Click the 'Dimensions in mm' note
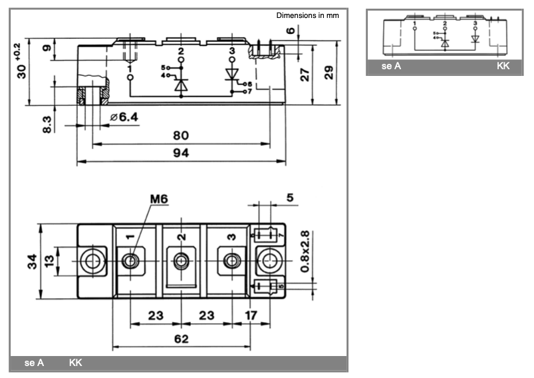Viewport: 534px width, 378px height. [x=307, y=15]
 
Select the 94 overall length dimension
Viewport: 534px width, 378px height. [x=181, y=153]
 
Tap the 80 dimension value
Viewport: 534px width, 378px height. [x=181, y=135]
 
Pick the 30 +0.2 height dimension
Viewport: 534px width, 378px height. [x=21, y=61]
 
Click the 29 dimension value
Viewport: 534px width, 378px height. [x=329, y=73]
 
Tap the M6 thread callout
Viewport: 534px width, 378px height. [x=158, y=200]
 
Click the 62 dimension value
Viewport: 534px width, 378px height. [x=181, y=338]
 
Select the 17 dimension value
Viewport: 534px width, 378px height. [x=250, y=316]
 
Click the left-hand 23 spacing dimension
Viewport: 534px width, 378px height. [x=154, y=316]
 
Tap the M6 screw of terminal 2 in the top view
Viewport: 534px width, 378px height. [x=181, y=261]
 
